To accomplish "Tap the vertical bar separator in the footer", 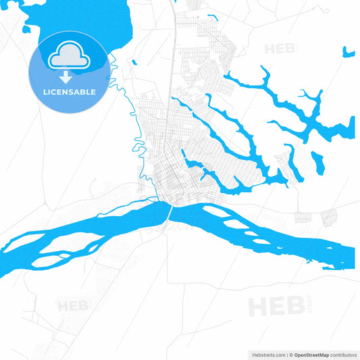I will tap(288, 354).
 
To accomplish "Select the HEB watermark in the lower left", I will tap(72, 306).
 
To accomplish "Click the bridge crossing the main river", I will tap(168, 212).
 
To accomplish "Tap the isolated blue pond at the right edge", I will tap(349, 52).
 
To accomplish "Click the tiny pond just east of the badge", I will tap(134, 63).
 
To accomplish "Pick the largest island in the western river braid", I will tap(64, 240).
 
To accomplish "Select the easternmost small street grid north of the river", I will tap(330, 217).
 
